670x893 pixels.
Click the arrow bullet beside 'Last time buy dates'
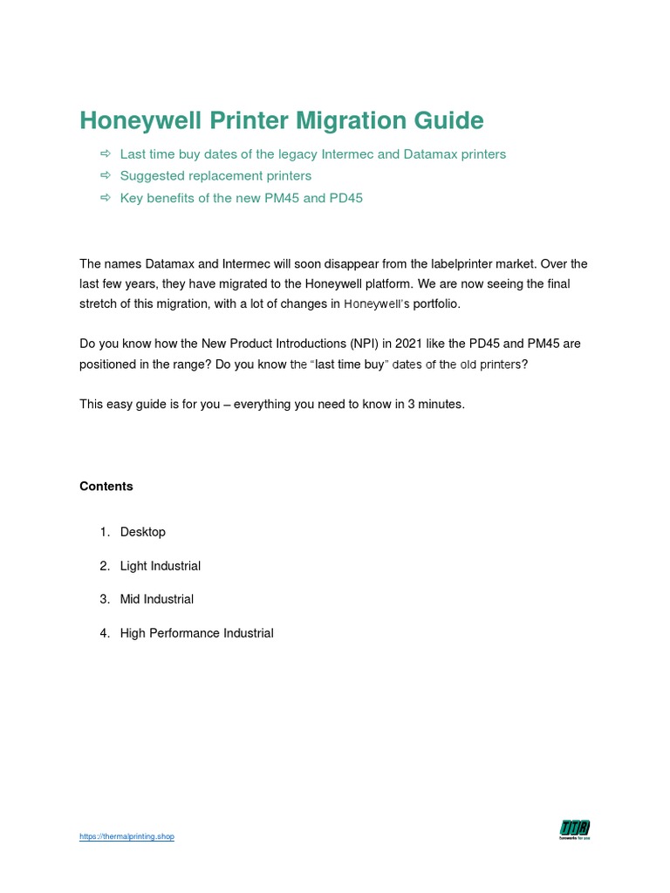pos(106,154)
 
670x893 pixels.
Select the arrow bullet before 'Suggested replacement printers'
pos(106,176)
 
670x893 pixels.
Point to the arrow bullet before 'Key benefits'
pos(106,198)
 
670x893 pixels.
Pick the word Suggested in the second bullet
pos(150,176)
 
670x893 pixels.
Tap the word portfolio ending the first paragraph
pos(430,303)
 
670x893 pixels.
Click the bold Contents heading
pos(106,487)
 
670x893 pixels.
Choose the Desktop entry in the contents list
pos(143,532)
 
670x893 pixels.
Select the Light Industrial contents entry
pos(161,566)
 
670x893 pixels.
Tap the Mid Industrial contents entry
pos(157,599)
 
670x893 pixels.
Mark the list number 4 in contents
pos(103,633)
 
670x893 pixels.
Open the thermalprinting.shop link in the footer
pos(126,837)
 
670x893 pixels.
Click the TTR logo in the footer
pos(575,830)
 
